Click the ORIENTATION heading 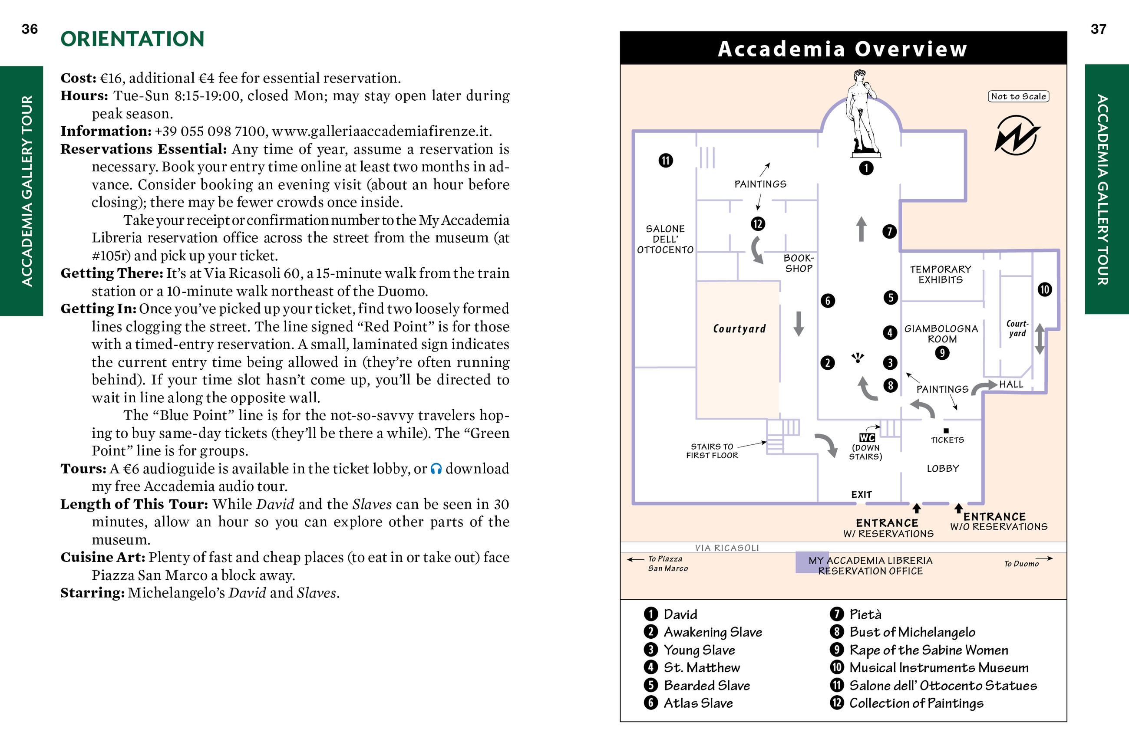click(x=132, y=39)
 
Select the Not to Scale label click(x=1018, y=96)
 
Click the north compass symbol click(x=1016, y=136)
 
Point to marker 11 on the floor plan click(x=666, y=160)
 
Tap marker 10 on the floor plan click(x=1045, y=290)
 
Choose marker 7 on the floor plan click(x=889, y=232)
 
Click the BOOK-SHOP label click(x=799, y=263)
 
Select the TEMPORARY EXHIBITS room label click(x=940, y=274)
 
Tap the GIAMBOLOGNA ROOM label click(x=941, y=334)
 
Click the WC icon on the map click(x=867, y=437)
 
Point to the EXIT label click(x=861, y=494)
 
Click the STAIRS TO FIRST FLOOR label click(x=712, y=451)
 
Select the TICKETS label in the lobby click(x=947, y=440)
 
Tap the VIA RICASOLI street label click(x=727, y=548)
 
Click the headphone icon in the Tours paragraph click(x=436, y=469)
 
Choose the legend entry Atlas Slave click(x=698, y=703)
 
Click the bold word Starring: click(x=92, y=593)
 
